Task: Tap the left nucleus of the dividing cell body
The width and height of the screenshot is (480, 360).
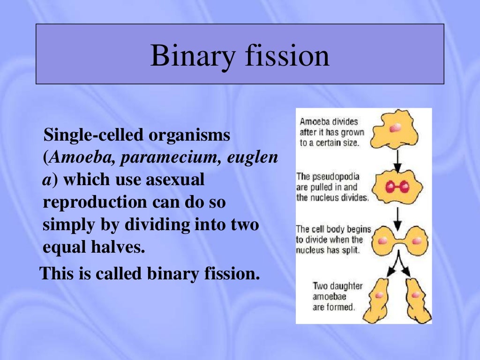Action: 383,240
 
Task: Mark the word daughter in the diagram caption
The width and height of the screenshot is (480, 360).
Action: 345,286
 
